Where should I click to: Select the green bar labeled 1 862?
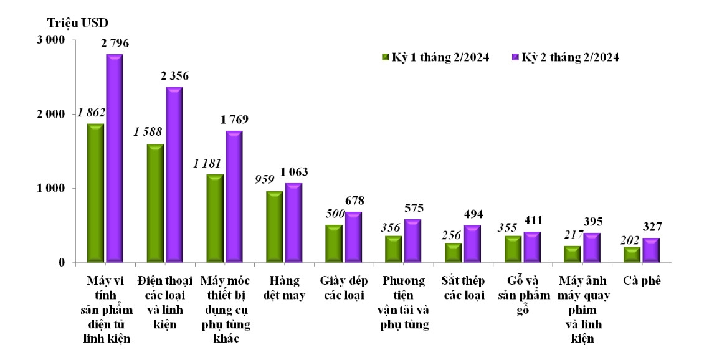point(95,192)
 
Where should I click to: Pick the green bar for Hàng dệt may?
point(274,226)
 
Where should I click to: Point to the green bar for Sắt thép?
point(454,252)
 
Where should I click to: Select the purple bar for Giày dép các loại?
point(353,237)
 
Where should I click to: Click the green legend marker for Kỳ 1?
point(385,57)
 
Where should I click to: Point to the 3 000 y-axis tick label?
point(51,40)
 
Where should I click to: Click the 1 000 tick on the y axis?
point(51,189)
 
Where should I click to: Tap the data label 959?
point(265,179)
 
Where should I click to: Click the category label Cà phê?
point(640,281)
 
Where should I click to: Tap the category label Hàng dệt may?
point(285,288)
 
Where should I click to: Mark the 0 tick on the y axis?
point(62,263)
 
